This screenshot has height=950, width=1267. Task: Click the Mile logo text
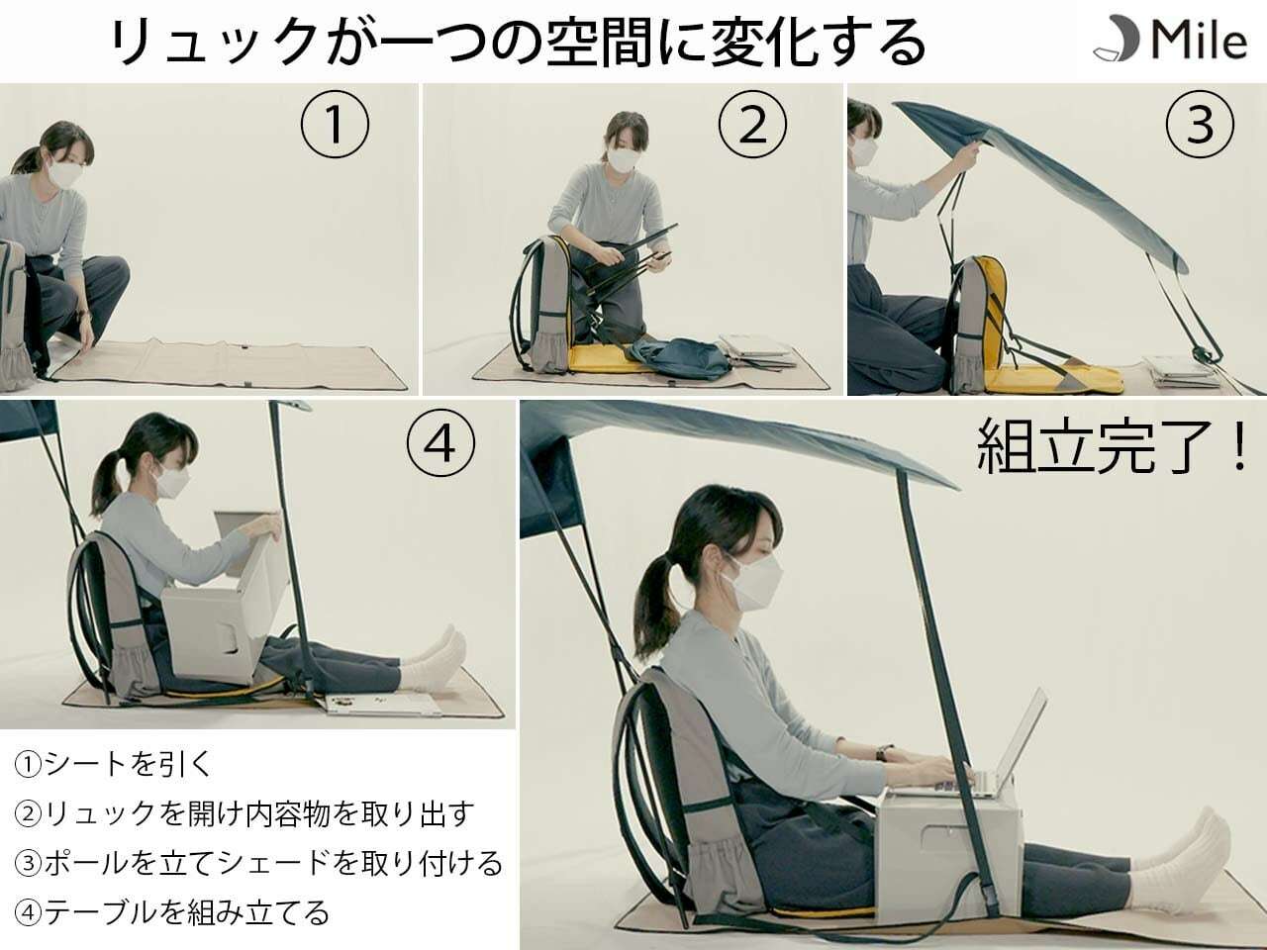[x=1200, y=41]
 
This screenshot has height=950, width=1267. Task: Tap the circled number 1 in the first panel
[x=335, y=124]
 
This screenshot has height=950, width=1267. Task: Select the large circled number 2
[x=752, y=124]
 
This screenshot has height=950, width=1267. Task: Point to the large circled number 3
[x=1200, y=124]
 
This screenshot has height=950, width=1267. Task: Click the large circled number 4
[x=441, y=444]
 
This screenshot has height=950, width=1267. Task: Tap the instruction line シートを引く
[x=114, y=764]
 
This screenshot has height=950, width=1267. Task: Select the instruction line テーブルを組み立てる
[x=172, y=912]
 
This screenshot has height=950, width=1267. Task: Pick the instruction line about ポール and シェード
[x=258, y=863]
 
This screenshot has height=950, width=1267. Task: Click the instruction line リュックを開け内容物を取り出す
[x=244, y=813]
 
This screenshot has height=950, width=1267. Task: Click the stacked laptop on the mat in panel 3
[x=1181, y=372]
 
